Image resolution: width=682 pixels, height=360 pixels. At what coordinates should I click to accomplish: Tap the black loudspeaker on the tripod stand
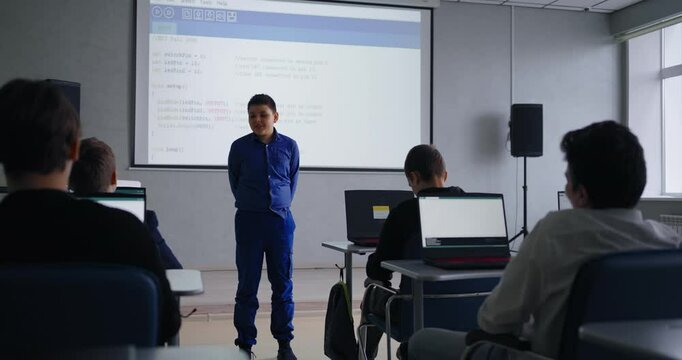(525, 130)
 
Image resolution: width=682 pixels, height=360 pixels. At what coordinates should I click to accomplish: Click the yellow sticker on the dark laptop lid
(381, 212)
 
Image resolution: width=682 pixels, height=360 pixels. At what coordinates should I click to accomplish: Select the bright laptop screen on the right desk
(462, 221)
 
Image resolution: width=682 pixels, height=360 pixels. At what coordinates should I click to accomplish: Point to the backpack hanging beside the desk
(340, 321)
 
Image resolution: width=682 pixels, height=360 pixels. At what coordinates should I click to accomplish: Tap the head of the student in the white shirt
(602, 165)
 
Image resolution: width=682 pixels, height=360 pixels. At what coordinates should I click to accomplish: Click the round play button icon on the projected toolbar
(157, 12)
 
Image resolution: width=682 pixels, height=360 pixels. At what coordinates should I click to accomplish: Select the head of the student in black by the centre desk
(426, 166)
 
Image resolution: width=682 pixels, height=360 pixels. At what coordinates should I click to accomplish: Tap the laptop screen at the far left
(120, 204)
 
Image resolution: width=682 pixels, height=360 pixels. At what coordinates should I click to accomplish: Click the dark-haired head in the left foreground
(36, 130)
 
